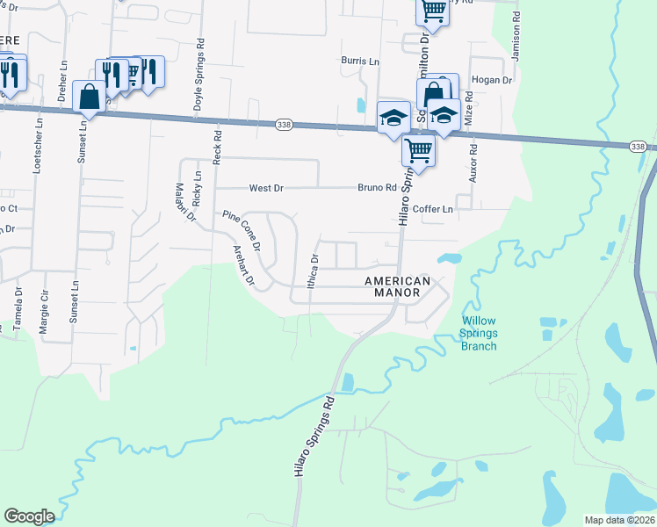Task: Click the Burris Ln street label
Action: click(x=360, y=61)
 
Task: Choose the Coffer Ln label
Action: click(x=433, y=209)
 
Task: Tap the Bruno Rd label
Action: click(x=378, y=187)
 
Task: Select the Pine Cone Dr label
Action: click(x=242, y=230)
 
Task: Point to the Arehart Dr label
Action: click(x=242, y=266)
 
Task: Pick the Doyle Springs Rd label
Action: click(x=200, y=76)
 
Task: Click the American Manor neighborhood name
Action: click(x=398, y=287)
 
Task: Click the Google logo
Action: click(x=29, y=516)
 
